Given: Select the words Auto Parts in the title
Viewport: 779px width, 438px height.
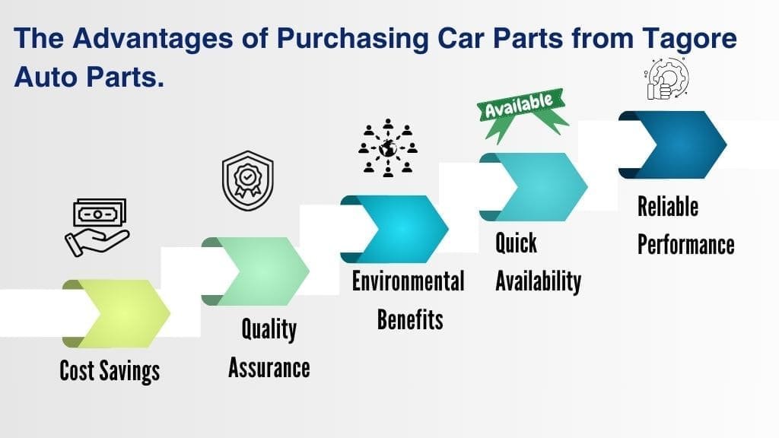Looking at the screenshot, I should [x=89, y=76].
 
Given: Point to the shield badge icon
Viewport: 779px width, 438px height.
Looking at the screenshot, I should [x=247, y=181].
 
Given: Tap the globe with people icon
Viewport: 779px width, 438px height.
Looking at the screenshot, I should [x=388, y=148].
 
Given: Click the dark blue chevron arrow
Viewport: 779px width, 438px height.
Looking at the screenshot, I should [x=672, y=144].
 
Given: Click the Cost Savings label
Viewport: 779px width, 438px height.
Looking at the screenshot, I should [x=110, y=370].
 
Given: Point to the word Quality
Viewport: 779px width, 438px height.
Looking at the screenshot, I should [x=269, y=329].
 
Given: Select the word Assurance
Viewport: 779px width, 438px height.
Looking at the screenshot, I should [x=269, y=367].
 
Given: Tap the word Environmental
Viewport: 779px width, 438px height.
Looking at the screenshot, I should [x=408, y=281].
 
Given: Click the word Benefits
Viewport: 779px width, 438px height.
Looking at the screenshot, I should [x=410, y=319].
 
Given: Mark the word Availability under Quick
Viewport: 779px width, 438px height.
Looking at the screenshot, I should [x=538, y=281].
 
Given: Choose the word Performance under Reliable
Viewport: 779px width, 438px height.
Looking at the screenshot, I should [x=685, y=244].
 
